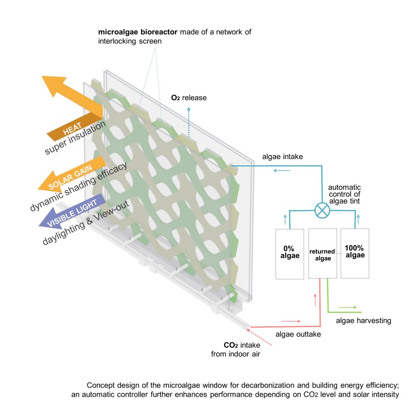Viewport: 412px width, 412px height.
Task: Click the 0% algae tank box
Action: [x=290, y=254]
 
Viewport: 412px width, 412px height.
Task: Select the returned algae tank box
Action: [x=323, y=253]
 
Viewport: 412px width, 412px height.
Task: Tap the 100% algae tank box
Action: [x=355, y=253]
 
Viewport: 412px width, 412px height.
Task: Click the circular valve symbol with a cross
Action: [x=322, y=211]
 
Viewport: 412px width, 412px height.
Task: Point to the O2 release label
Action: [x=189, y=98]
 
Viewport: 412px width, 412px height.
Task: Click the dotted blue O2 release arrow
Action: [x=189, y=122]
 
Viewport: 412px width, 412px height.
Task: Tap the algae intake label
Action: [x=283, y=157]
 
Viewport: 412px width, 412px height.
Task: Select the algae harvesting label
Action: [x=363, y=321]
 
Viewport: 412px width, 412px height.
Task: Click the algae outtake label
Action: [x=298, y=334]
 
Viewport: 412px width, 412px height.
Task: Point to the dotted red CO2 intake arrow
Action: [x=259, y=337]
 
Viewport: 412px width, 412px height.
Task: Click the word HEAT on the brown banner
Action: [x=72, y=129]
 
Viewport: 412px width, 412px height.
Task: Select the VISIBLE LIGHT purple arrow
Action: [x=71, y=211]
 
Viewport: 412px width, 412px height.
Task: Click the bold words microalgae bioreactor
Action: [x=138, y=32]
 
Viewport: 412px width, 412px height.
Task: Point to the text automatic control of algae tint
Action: [x=344, y=194]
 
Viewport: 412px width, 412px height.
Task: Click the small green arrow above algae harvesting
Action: [x=348, y=307]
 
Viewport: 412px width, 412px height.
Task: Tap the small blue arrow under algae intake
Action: [x=282, y=171]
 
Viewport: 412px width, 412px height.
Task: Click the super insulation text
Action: [x=75, y=138]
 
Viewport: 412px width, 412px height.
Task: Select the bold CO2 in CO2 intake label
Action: [x=231, y=345]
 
